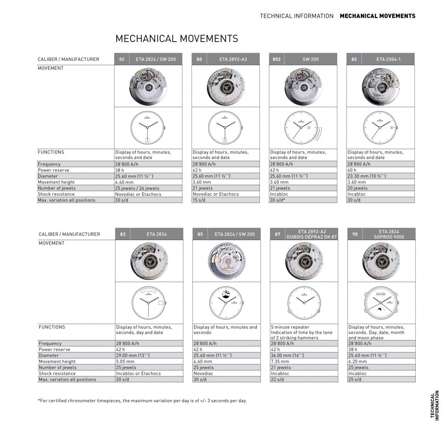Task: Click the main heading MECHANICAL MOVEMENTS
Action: coord(177,39)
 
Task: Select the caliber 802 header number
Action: coord(276,59)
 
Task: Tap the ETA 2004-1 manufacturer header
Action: coord(388,59)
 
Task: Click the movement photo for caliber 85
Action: coord(226,261)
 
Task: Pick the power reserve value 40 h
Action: coord(352,170)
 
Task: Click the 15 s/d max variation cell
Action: coord(199,200)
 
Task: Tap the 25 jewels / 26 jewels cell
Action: coord(137,188)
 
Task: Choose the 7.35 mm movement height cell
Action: coord(280,362)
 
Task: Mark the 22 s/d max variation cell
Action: coord(277,380)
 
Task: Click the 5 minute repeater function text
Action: coord(290,327)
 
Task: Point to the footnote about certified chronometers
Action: coord(142,401)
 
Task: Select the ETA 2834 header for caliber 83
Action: coord(156,234)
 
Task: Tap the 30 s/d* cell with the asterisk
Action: coord(277,200)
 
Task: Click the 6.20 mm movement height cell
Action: coord(357,362)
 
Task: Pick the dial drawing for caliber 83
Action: coord(149,303)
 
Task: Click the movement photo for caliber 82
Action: coord(380,86)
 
